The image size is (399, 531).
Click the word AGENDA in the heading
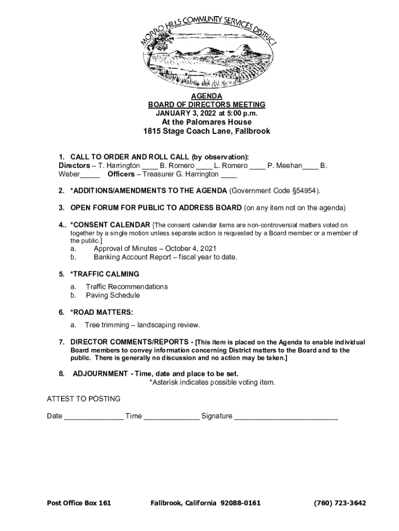(x=207, y=96)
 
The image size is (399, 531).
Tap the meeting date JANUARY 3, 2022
(x=188, y=113)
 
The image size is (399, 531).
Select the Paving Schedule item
(x=113, y=296)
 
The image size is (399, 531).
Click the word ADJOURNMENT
(x=100, y=373)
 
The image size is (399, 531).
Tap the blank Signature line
(x=286, y=416)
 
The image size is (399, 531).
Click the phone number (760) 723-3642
(x=340, y=503)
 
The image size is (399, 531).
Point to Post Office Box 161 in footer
(x=79, y=503)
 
